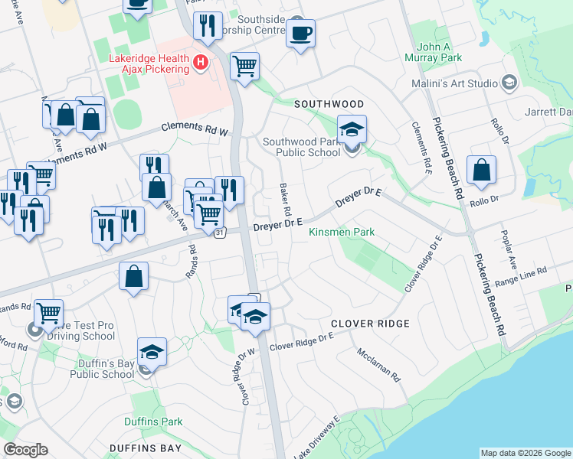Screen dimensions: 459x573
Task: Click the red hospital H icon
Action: coord(201,61)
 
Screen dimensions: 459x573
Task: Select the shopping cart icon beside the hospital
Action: coord(244,66)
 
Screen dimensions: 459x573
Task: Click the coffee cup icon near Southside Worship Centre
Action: coord(300,34)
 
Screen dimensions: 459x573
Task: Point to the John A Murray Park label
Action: coord(439,52)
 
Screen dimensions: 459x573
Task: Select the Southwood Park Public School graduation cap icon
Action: coord(352,129)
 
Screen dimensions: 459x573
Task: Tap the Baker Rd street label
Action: coord(285,199)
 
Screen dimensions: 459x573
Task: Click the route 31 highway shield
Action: coord(220,233)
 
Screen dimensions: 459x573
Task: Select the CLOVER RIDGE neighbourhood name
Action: coord(370,324)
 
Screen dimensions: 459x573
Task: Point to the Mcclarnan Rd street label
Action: coord(378,365)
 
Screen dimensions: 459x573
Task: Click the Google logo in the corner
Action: coord(25,450)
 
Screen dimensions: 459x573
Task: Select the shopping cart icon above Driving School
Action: coord(48,311)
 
